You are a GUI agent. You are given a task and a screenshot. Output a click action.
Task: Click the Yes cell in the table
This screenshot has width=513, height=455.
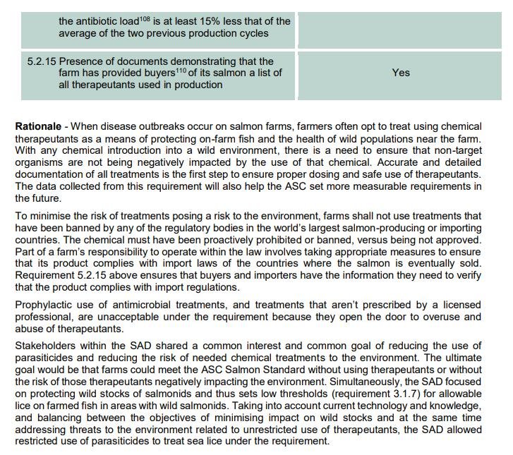click(x=401, y=73)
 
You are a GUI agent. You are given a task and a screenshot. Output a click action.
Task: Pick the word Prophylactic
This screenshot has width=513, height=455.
click(x=46, y=305)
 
